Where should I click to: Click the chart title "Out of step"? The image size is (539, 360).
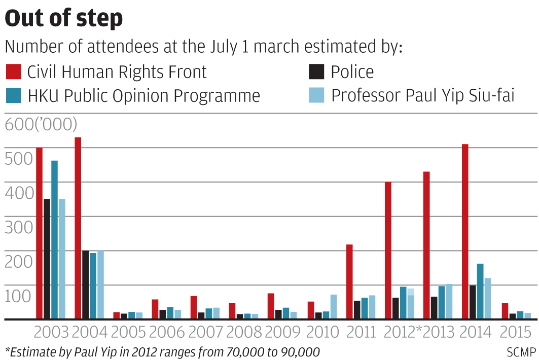tap(64, 18)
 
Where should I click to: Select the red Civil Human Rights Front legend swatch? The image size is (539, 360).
tap(13, 71)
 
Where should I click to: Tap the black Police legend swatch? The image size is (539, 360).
tap(316, 71)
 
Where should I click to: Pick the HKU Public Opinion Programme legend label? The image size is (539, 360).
tap(143, 96)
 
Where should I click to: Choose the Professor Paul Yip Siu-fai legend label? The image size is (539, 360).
tap(423, 96)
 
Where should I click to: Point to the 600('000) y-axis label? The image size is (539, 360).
tap(41, 124)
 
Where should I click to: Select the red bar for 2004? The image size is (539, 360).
tap(78, 228)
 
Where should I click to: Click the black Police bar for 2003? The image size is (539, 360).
tap(47, 259)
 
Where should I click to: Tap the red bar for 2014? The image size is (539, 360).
tap(465, 232)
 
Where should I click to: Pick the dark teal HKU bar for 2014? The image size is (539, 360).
tap(480, 291)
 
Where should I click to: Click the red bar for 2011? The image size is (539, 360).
tap(349, 281)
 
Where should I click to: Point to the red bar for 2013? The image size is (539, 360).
tap(426, 245)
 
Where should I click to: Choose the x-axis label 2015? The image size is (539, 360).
tap(515, 333)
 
